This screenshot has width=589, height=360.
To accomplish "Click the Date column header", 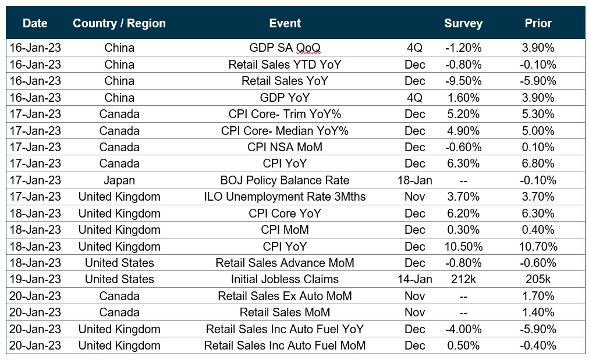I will [x=35, y=24].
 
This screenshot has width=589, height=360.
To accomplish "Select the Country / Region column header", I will [x=119, y=24].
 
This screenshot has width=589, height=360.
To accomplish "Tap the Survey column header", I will [x=463, y=24].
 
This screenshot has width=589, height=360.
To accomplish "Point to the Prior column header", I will [x=538, y=24].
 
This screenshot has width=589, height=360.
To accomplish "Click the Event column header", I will [x=285, y=24].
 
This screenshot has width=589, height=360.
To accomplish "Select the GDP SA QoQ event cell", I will [x=285, y=48].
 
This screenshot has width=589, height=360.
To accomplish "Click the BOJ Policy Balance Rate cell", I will [x=285, y=180].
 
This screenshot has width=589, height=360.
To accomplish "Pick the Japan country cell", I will [x=119, y=180].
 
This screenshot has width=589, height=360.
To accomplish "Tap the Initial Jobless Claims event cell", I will [x=285, y=279].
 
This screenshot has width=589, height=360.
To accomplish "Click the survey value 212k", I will [x=463, y=279].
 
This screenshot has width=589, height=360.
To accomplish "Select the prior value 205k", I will [x=538, y=279].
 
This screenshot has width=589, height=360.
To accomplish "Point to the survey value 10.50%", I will [x=463, y=247].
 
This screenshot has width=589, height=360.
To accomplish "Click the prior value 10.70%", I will [x=538, y=247].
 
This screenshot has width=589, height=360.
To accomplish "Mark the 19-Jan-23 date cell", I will [x=35, y=279].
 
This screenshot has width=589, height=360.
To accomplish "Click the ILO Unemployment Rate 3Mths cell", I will [x=285, y=197].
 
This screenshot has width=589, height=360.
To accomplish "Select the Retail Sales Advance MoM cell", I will [x=285, y=263].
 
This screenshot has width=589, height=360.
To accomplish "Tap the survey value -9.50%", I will [x=463, y=81].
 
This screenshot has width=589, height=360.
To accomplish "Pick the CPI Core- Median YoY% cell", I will [x=285, y=131].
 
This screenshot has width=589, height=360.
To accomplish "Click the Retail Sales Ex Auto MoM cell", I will [x=285, y=296].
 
